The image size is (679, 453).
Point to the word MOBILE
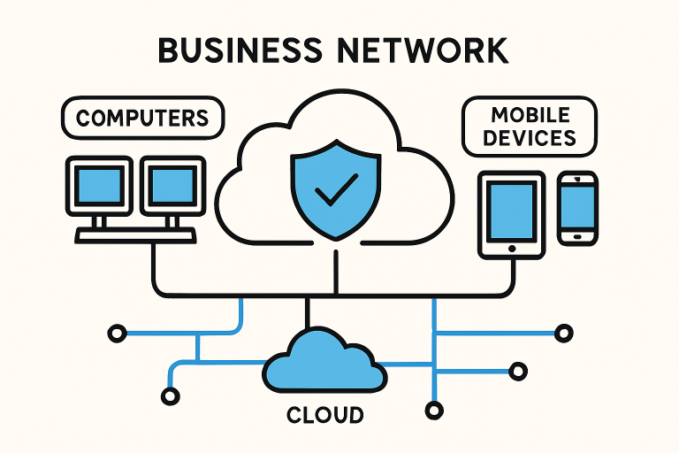(x=530, y=115)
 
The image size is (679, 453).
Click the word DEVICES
(x=530, y=138)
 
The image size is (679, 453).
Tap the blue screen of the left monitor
(x=100, y=186)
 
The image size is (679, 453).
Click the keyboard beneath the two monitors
(x=135, y=235)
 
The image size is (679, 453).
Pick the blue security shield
(x=337, y=187)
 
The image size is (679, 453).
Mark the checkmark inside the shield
(x=337, y=188)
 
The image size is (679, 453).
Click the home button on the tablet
(x=511, y=249)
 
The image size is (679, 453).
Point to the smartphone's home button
(x=578, y=235)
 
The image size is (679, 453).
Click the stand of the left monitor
(x=100, y=220)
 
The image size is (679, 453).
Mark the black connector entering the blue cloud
(x=308, y=314)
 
